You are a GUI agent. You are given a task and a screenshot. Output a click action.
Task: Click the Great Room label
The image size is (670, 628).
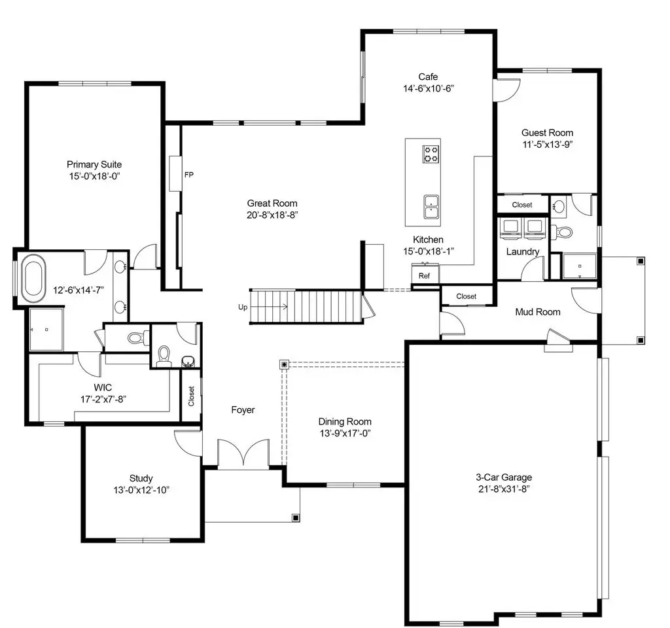[272, 203]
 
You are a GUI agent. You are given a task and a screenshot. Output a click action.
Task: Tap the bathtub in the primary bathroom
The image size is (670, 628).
[34, 278]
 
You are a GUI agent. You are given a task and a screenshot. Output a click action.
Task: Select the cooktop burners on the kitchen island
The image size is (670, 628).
[431, 154]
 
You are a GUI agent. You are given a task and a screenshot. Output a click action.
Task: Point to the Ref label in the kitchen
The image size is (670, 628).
[424, 276]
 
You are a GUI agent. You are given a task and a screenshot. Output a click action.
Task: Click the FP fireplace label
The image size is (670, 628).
[189, 175]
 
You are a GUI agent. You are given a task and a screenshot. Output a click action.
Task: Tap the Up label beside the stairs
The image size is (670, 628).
[243, 307]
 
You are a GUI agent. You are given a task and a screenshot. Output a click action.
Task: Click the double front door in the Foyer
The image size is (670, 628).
[243, 454]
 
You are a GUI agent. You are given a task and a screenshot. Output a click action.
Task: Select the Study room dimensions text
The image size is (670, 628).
[141, 490]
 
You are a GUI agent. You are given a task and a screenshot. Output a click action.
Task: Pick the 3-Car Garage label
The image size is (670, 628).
[504, 477]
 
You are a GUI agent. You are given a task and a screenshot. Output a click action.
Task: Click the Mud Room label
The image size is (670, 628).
[538, 312]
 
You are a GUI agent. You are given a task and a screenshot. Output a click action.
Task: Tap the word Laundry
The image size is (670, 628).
[523, 252]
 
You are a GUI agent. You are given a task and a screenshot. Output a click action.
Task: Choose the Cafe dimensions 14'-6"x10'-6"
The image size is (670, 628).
[429, 88]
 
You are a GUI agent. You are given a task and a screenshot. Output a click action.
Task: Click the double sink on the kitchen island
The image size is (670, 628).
[431, 207]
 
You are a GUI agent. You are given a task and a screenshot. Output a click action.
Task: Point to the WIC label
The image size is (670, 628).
[103, 387]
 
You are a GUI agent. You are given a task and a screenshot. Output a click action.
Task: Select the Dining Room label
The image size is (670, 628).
[345, 422]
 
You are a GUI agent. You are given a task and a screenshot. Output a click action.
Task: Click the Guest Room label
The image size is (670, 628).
[548, 133]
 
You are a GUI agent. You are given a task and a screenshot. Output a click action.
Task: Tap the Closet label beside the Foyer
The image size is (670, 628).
[191, 396]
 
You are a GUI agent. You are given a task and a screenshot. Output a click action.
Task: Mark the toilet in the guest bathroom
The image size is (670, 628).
[564, 232]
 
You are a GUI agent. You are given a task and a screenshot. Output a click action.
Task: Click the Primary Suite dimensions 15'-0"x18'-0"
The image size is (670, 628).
[94, 176]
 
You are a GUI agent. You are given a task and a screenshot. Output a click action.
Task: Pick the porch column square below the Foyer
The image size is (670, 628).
[296, 518]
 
